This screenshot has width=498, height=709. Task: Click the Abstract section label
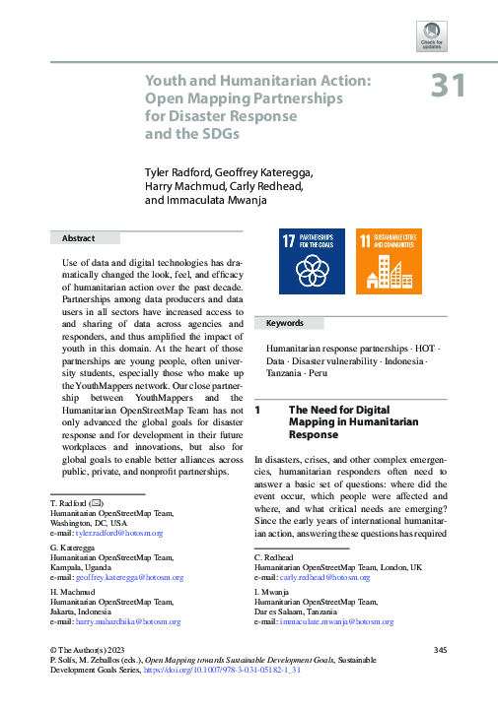78,238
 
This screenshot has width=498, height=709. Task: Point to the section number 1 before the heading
257,409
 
